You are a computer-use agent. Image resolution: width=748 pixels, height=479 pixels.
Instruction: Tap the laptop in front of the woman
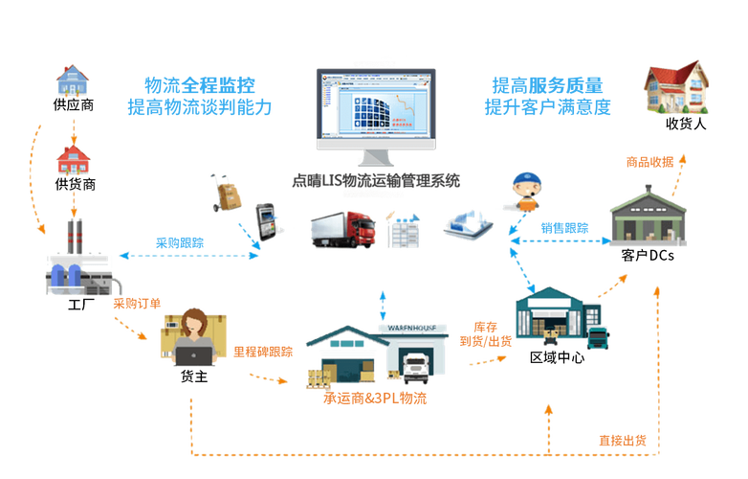pyautogui.click(x=195, y=356)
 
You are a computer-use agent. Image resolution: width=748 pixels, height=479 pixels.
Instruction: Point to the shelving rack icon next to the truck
pyautogui.click(x=406, y=230)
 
